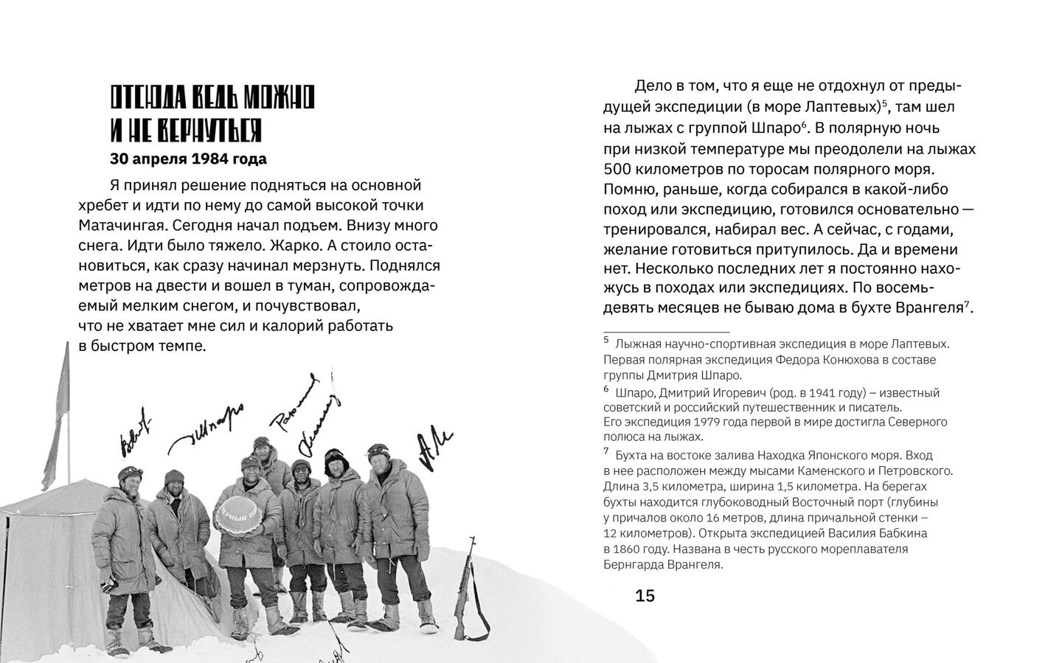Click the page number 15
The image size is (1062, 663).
pos(645,596)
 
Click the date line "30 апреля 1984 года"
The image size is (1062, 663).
pos(188,159)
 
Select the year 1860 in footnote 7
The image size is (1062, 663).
pos(618,549)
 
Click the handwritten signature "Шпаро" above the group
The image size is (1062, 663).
pos(209,428)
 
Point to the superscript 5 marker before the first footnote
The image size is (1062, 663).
pos(606,340)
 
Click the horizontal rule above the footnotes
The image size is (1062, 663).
pos(666,332)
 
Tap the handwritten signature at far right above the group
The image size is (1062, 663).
pos(434,449)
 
